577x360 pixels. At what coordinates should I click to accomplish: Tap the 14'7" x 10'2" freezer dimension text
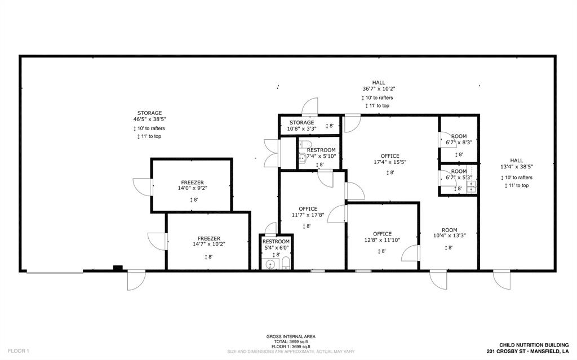[208, 245]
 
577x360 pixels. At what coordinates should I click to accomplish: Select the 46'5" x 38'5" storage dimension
[149, 119]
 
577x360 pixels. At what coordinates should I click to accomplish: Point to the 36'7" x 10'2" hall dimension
[379, 89]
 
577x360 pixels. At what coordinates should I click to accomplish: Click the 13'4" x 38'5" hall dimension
[516, 167]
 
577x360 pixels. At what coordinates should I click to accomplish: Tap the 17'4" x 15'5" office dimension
[389, 162]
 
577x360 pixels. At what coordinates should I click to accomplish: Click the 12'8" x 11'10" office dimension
[382, 241]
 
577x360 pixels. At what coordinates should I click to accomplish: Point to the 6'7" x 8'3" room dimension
[459, 143]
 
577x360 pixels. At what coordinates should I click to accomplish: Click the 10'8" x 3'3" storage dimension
[301, 128]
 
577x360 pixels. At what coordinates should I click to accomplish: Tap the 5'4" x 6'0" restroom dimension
[276, 247]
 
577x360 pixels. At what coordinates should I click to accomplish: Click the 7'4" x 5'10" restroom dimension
[321, 156]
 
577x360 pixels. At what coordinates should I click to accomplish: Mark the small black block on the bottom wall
[118, 268]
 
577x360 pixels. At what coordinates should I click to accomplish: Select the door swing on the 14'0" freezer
[142, 186]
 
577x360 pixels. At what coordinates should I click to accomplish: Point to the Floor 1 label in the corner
[18, 350]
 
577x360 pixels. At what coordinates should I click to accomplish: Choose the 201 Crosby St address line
[523, 351]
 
